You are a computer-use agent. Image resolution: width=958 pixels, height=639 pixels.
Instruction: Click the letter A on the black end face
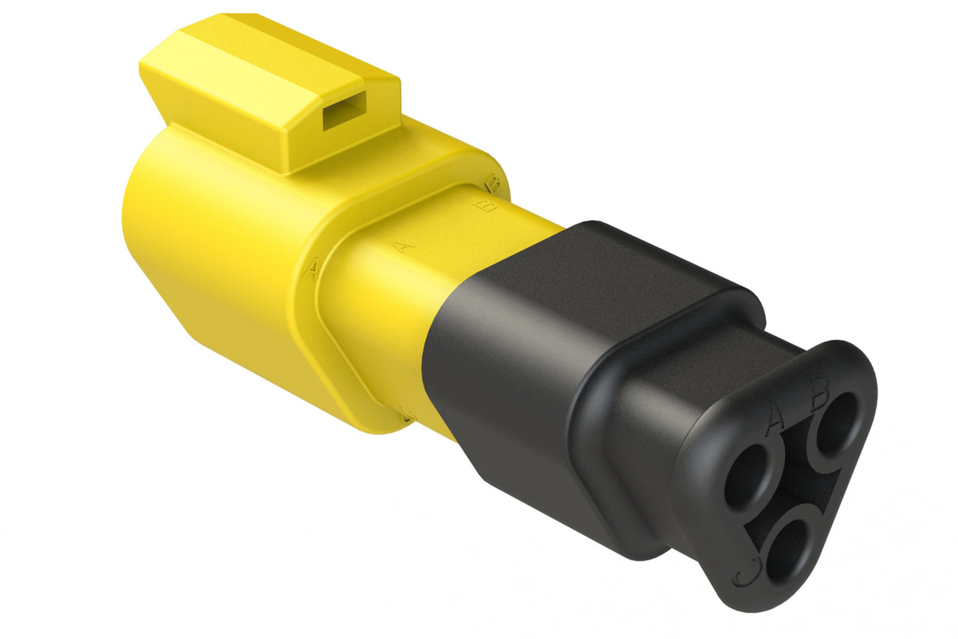pos(775,419)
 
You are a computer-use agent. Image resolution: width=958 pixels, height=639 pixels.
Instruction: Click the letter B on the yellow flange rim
pos(493,181)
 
